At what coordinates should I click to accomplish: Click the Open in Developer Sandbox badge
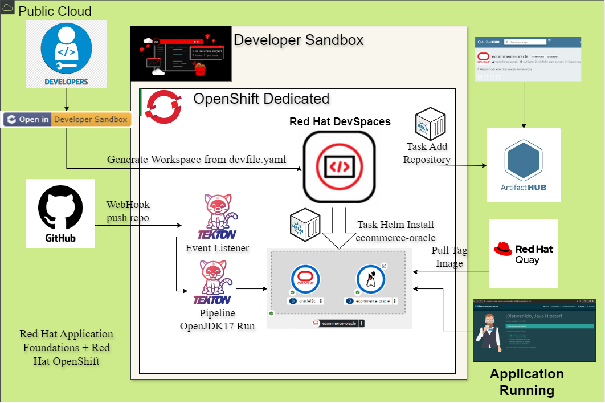(x=66, y=119)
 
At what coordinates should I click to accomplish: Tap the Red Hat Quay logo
(x=523, y=254)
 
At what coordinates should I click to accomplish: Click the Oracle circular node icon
(x=305, y=279)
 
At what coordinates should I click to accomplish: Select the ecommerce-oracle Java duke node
(x=371, y=280)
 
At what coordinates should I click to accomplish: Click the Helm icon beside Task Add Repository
(x=430, y=123)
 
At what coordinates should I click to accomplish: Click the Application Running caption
(x=526, y=382)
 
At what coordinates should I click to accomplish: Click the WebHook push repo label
(x=128, y=211)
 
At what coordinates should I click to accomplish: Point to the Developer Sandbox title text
(x=299, y=40)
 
